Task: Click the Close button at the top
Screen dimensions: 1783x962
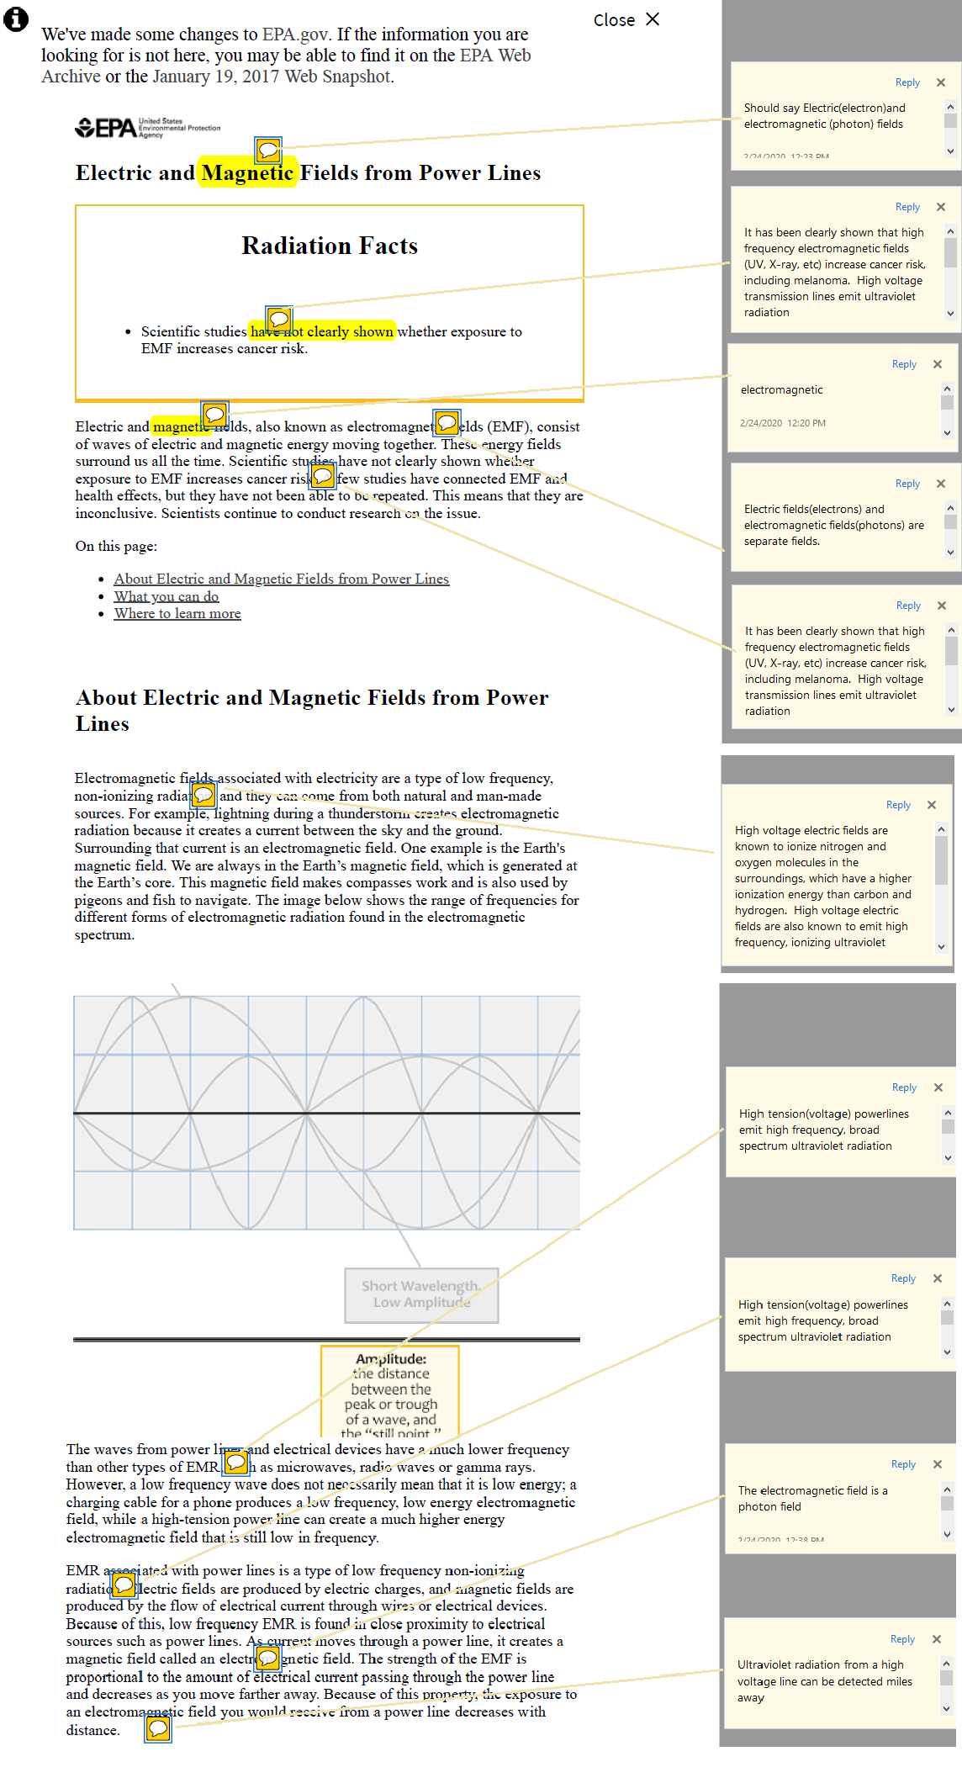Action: coord(626,19)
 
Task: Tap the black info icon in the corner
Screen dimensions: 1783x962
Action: coord(16,19)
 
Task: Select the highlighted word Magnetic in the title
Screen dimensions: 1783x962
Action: coord(247,173)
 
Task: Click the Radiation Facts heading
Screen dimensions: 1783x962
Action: coord(330,246)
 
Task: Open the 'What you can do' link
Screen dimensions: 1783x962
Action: coord(166,596)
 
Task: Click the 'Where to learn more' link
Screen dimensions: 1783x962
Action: coord(177,614)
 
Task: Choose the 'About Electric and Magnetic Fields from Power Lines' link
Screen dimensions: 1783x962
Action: coord(282,579)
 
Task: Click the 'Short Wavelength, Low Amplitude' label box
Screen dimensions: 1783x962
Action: coord(421,1294)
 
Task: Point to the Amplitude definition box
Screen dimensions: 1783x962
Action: coord(390,1391)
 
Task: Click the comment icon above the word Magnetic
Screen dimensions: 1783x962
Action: coord(268,151)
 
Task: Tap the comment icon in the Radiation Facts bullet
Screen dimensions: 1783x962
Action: coord(279,320)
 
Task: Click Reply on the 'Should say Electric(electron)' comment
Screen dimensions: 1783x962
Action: coord(907,82)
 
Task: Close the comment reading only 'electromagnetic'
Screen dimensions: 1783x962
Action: coord(938,364)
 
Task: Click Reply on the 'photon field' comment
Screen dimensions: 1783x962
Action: coord(903,1464)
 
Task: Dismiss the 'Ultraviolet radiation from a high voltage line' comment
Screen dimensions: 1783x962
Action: coord(937,1639)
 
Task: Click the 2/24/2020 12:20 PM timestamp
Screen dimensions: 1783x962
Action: coord(783,423)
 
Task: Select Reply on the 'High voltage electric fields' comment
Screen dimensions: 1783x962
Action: coord(898,805)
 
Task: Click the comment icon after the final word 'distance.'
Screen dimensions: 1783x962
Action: coord(158,1728)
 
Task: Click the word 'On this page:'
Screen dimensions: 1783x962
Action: coord(116,546)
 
